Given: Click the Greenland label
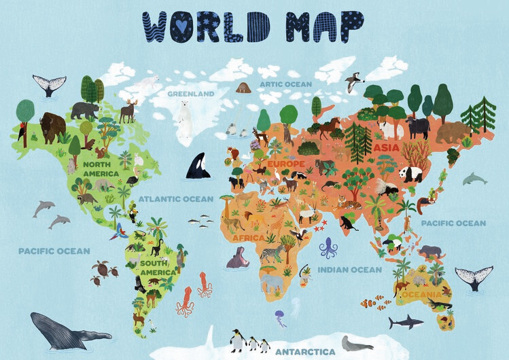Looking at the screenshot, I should click(x=191, y=93).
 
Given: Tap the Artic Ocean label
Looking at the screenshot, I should click(x=285, y=84).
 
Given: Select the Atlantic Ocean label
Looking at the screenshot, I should click(x=176, y=199).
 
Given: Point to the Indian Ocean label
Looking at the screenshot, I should click(x=350, y=270).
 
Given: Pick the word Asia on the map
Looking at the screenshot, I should click(x=386, y=147).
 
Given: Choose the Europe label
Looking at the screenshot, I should click(x=285, y=164).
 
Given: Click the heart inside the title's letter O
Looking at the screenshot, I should click(x=180, y=25).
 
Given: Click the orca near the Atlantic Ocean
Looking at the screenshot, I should click(x=198, y=165).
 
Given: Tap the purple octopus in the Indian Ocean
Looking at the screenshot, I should click(x=329, y=248).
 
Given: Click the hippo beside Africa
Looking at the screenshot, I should click(x=237, y=258).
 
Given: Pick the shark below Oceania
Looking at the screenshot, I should click(x=406, y=321).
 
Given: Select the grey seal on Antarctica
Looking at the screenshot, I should click(x=356, y=344).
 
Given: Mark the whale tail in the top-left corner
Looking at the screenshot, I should click(x=50, y=85).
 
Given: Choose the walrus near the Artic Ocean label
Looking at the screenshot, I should click(x=243, y=88).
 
